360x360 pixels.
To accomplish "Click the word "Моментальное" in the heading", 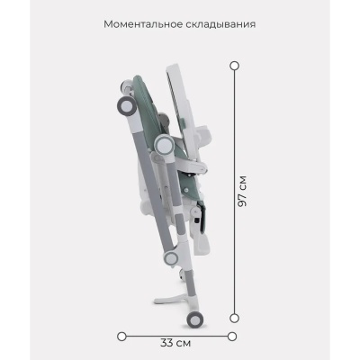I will click(142, 23).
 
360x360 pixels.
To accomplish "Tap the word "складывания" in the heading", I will click(221, 23).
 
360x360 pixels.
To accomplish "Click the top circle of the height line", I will click(234, 65).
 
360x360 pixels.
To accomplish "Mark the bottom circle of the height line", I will click(234, 316).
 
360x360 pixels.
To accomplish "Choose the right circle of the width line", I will click(231, 336).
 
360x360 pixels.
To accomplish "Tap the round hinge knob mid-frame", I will click(165, 146).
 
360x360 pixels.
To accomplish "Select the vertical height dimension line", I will click(234, 135).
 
